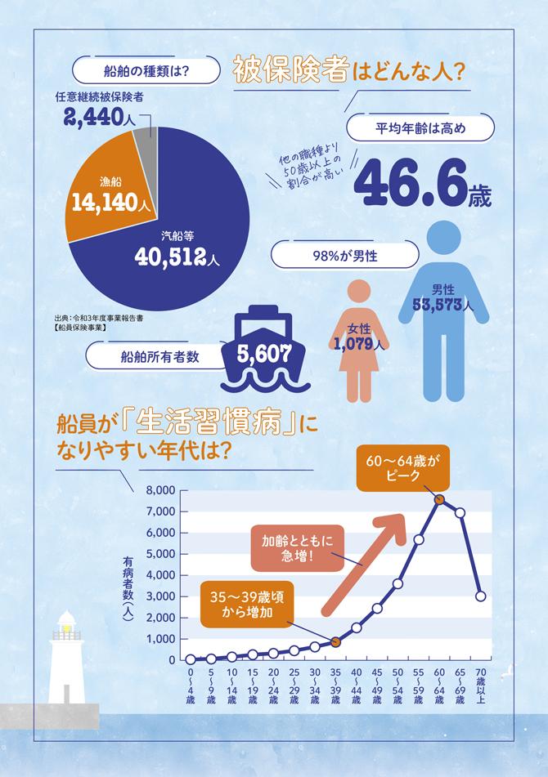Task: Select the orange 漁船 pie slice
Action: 106,196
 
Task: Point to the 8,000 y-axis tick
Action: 159,490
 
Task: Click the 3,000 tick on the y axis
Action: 159,596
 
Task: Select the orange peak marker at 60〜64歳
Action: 439,498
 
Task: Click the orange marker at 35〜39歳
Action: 335,642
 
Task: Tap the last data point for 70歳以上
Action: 481,596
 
